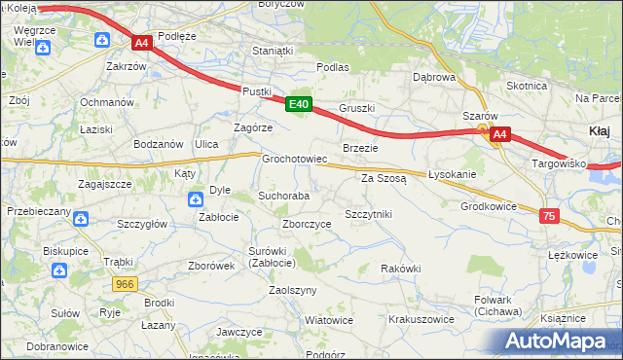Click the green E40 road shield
[x=299, y=104]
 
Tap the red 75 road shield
[x=550, y=217]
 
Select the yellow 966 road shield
[x=124, y=284]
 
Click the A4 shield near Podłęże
[x=141, y=43]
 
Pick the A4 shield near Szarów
[x=499, y=135]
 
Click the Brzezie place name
[x=360, y=148]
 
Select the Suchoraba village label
[x=283, y=196]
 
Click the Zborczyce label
[x=307, y=223]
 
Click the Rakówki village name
[x=400, y=269]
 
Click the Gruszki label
[x=356, y=108]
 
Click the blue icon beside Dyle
[x=196, y=199]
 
